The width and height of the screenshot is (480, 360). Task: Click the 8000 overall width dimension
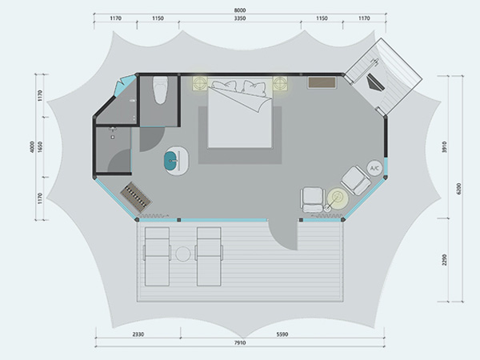point(240,10)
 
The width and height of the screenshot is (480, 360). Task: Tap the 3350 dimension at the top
point(240,18)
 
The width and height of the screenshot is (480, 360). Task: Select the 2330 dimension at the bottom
point(138,334)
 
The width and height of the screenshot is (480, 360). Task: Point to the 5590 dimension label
point(282,334)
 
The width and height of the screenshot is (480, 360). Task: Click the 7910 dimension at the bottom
point(240,343)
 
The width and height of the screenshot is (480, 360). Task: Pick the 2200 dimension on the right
point(445,259)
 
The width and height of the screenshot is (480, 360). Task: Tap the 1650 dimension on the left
point(41,146)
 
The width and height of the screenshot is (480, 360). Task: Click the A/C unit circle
point(374,168)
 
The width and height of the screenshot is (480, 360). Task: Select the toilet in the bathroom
point(161,90)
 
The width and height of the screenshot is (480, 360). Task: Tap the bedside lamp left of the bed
point(200,83)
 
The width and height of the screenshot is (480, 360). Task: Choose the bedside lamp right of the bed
point(280,83)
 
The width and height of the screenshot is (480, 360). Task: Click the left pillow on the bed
point(224,86)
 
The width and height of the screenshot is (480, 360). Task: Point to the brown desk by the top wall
point(322,82)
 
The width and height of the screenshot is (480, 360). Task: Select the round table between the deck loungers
point(183,254)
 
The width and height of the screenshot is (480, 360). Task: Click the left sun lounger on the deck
point(157,257)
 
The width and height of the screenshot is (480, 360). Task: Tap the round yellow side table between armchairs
point(338,198)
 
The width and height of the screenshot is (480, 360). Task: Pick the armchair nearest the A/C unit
point(356,181)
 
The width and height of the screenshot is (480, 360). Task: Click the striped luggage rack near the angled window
point(136,198)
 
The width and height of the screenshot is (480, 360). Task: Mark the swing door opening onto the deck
point(283,235)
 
